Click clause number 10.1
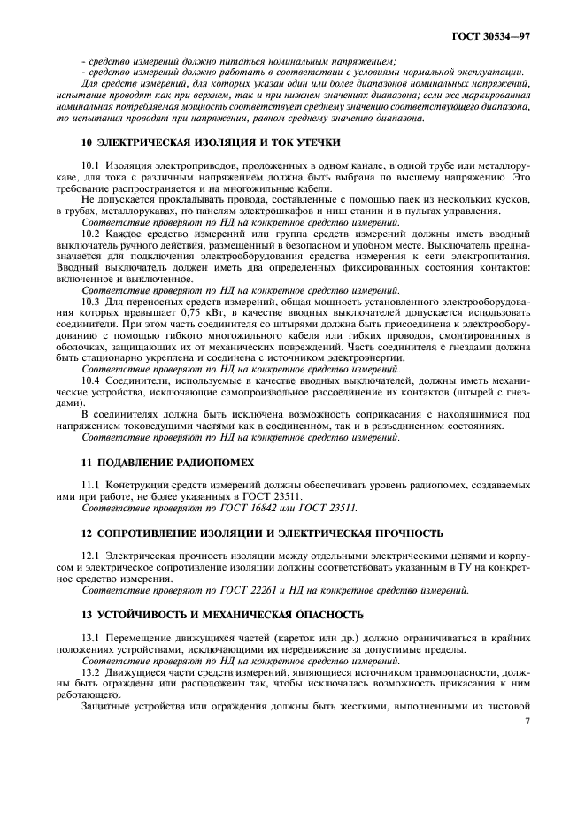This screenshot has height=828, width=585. point(90,166)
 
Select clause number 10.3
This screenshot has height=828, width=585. point(90,303)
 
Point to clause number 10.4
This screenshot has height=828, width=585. point(90,381)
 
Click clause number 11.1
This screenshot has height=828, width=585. point(90,486)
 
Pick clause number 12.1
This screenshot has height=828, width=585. point(90,556)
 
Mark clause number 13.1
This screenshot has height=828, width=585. point(90,637)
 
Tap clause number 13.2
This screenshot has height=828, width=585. point(90,672)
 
